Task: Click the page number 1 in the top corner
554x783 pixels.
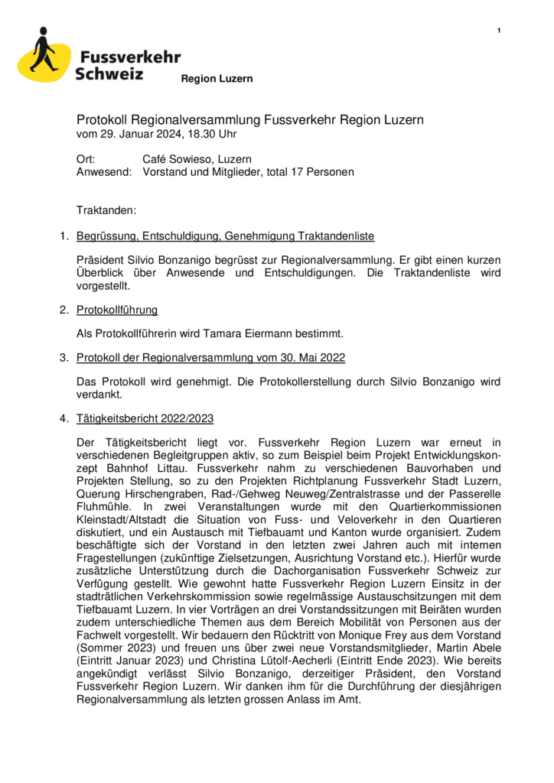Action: tap(499, 30)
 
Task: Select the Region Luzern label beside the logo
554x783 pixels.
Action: tap(217, 79)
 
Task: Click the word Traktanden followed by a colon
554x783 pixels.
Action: tap(106, 209)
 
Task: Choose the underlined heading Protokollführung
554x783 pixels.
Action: tap(117, 310)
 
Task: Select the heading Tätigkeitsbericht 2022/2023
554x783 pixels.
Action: tap(145, 418)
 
